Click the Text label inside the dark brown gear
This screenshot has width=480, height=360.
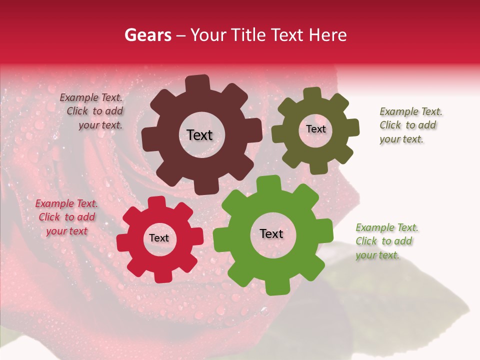pos(199,135)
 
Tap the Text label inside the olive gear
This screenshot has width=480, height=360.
pos(315,129)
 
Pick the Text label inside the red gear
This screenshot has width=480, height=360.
pos(159,238)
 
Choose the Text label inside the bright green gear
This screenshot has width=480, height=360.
pos(271,234)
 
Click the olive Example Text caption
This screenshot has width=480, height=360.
pos(410,125)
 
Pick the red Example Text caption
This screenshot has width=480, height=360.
pos(66,217)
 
